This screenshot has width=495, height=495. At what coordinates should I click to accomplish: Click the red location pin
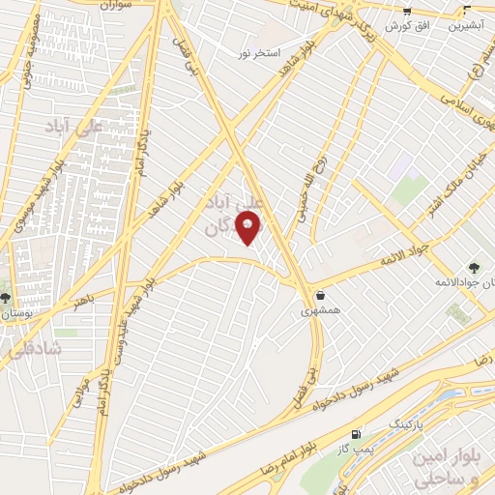[x=248, y=228]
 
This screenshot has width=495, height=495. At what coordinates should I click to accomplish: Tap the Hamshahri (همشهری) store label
[x=319, y=311]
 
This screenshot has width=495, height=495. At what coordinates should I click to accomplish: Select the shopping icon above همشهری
[x=319, y=297]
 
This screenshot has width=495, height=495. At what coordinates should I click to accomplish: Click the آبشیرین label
[x=467, y=26]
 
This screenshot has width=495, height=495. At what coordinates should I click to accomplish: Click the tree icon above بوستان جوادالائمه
[x=473, y=267]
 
